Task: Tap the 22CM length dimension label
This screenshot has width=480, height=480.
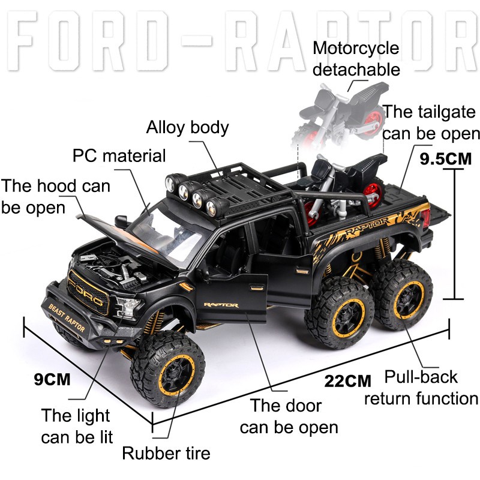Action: [x=348, y=380]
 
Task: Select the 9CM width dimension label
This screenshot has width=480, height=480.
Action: [x=52, y=379]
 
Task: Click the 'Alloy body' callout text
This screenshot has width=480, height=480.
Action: [x=188, y=127]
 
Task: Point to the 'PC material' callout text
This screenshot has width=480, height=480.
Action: [x=119, y=156]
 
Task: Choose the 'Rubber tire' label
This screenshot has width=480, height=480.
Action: [x=166, y=452]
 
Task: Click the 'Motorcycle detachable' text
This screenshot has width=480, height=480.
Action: [x=356, y=58]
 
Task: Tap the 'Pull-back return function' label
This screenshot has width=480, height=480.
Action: [x=421, y=388]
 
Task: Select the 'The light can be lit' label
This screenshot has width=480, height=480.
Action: [x=76, y=425]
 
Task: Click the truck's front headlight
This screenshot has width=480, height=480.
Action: [x=129, y=306]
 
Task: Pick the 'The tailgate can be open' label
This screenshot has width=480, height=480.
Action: [x=431, y=122]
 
